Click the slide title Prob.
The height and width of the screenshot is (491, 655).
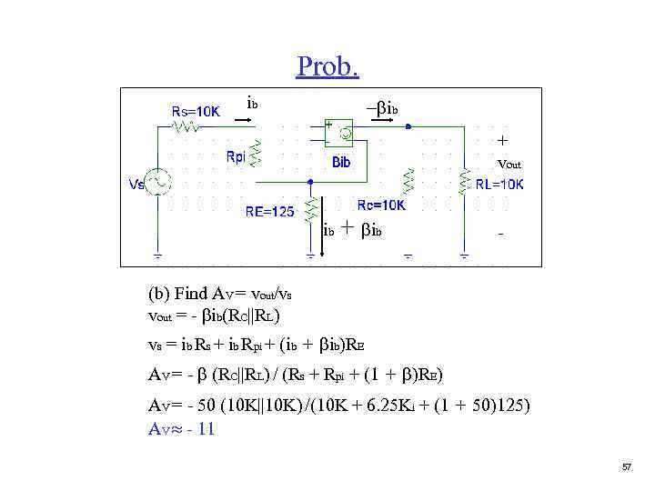pos(327,66)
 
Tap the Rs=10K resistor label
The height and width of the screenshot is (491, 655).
pos(196,112)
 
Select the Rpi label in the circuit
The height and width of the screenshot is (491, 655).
pos(236,156)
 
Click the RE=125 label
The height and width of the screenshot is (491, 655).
pos(270,213)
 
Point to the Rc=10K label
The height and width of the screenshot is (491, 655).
pos(381,205)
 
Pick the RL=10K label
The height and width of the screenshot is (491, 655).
pos(499,185)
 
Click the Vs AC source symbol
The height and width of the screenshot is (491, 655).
pos(158,183)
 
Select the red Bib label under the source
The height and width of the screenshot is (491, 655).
pos(342,164)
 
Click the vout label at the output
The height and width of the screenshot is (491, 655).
pos(509,165)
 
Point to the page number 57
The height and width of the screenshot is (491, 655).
pos(626,466)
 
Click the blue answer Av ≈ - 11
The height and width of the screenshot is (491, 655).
pos(182,429)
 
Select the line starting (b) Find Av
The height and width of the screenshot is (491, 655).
pos(227,294)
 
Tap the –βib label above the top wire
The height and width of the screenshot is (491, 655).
pos(382,108)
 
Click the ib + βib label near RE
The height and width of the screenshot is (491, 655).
pos(353,231)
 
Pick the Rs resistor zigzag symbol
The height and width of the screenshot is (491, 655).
pos(187,128)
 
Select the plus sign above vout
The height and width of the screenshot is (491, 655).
pos(502,141)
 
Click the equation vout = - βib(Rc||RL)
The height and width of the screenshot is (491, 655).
pos(214,316)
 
